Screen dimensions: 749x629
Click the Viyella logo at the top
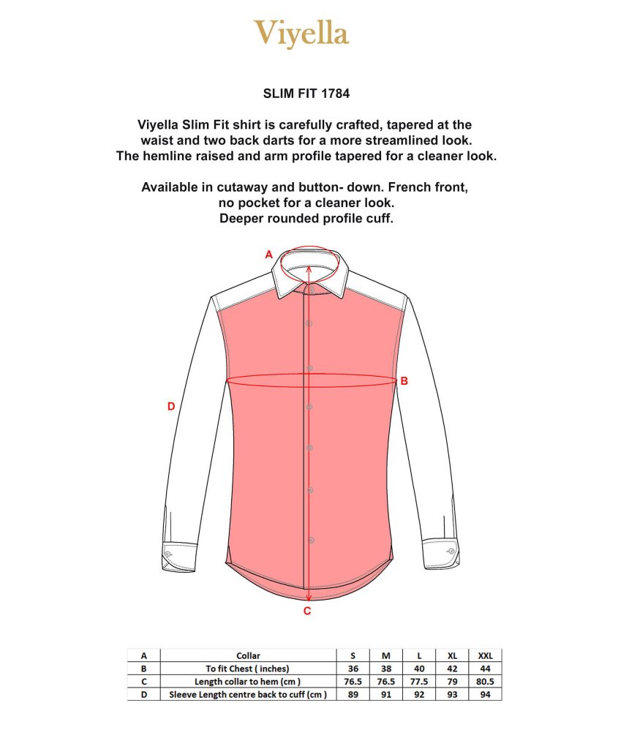tap(301, 34)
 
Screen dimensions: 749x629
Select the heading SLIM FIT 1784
tap(308, 94)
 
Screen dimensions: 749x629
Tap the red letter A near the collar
tap(268, 255)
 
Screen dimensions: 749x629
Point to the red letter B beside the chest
tap(404, 381)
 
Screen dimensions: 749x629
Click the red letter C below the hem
tap(307, 611)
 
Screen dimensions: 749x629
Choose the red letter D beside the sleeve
tap(171, 407)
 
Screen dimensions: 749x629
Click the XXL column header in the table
tap(485, 655)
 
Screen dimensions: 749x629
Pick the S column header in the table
tap(354, 655)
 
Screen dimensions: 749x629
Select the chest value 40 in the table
tap(419, 669)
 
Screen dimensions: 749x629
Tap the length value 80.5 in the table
tap(485, 682)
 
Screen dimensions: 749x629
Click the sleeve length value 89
tap(354, 695)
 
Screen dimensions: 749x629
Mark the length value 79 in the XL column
tap(452, 682)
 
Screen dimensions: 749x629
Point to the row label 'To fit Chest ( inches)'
tap(248, 669)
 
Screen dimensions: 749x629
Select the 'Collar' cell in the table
tap(248, 655)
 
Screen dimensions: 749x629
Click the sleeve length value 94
tap(485, 695)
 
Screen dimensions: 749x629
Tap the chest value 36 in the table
tap(354, 669)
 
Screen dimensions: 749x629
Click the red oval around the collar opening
tap(309, 257)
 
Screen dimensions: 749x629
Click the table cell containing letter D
tap(143, 695)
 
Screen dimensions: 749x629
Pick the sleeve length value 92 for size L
tap(419, 695)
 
